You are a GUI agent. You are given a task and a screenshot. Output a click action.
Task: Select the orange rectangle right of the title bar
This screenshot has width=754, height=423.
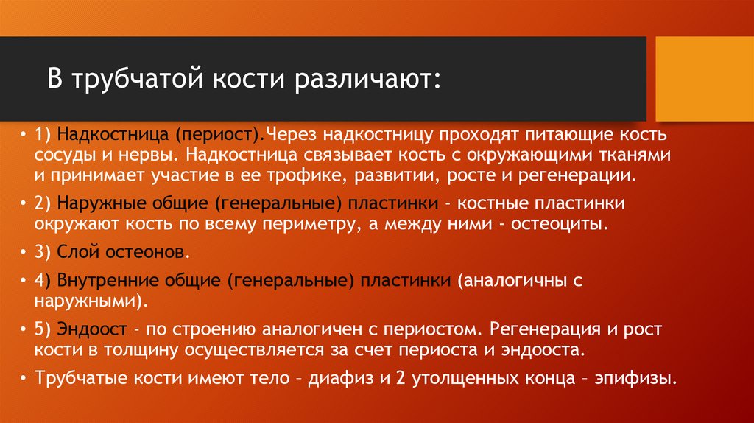[704, 79]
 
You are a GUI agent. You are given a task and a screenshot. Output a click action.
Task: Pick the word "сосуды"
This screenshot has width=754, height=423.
[63, 156]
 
